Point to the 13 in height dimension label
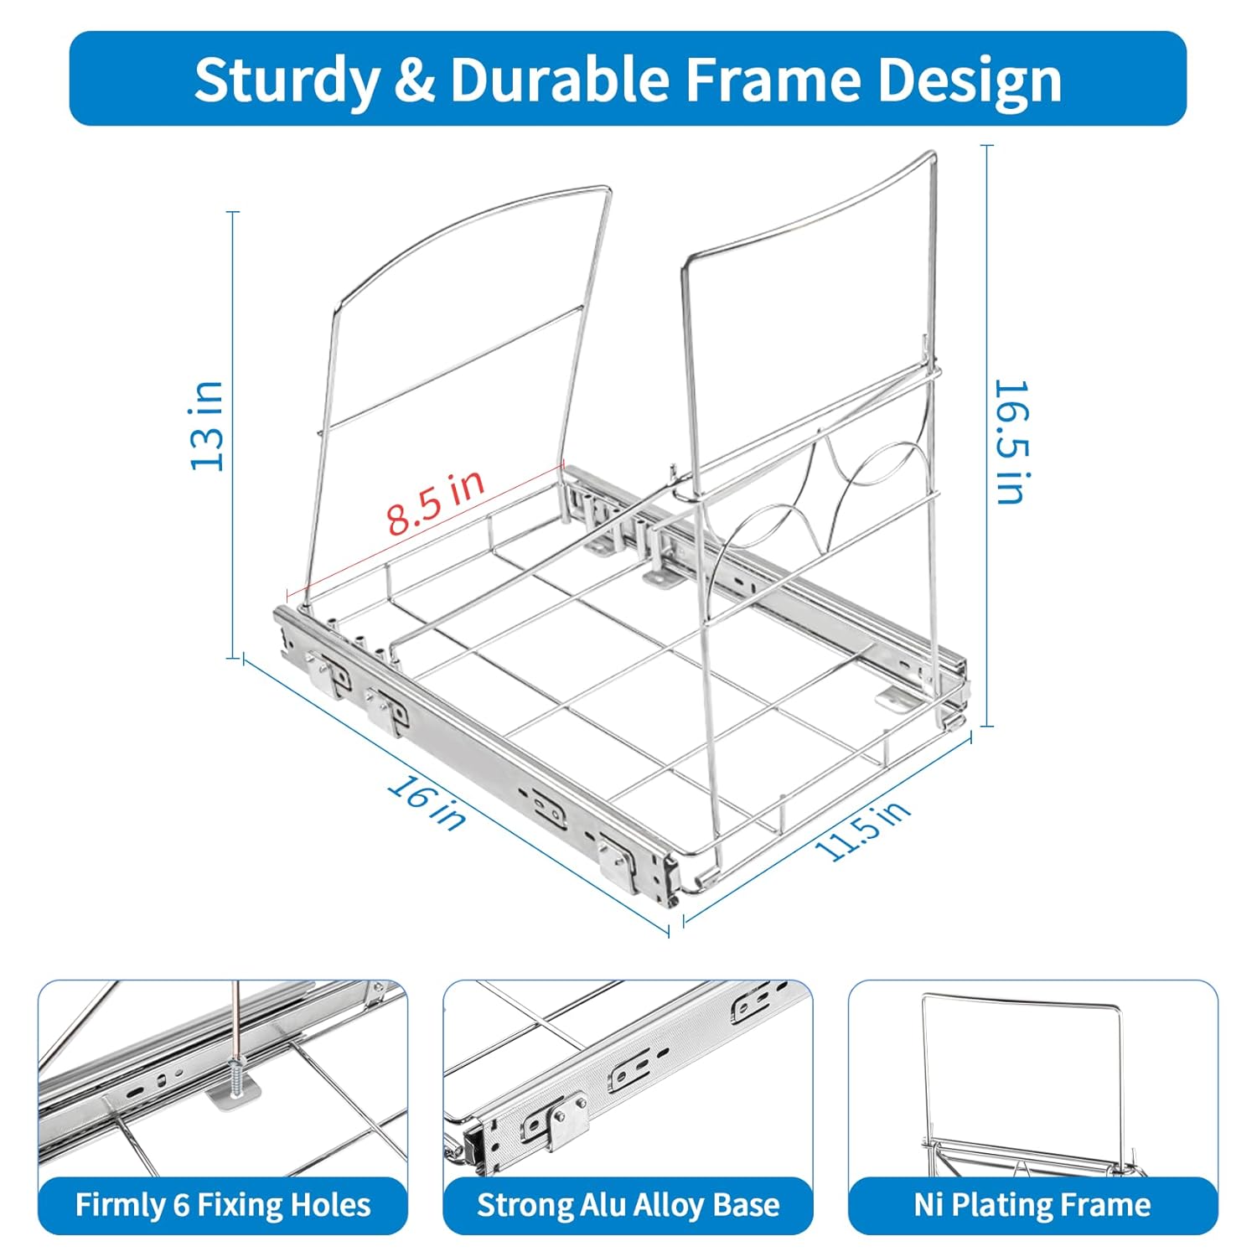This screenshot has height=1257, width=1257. click(208, 426)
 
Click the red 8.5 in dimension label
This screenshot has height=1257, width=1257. click(436, 502)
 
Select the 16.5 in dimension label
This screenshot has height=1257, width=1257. click(1010, 442)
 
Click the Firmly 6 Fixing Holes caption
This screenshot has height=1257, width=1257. click(223, 1205)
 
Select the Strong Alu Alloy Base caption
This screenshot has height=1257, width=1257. click(628, 1205)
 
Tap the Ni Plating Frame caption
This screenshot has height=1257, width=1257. click(1032, 1205)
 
